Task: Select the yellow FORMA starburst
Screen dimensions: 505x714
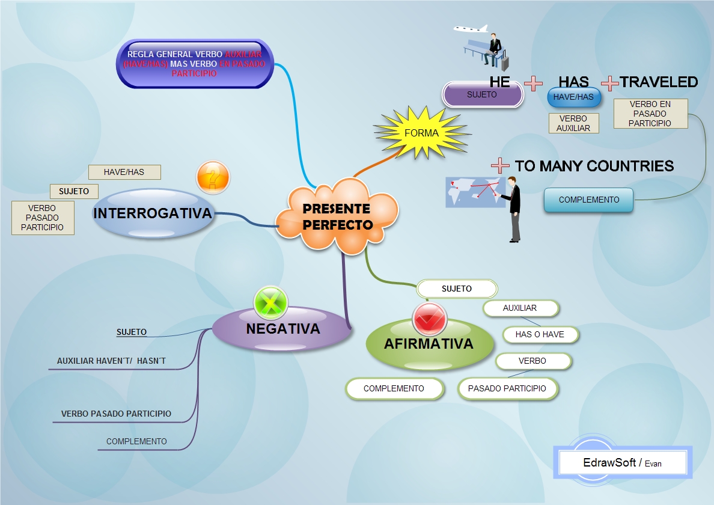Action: point(421,133)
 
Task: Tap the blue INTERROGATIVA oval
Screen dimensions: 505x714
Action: point(153,213)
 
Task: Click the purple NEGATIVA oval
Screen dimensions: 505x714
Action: point(282,329)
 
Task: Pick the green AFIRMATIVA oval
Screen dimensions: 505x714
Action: point(429,344)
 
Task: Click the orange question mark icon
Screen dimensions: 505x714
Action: point(213,178)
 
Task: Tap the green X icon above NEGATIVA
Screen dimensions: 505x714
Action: point(270,302)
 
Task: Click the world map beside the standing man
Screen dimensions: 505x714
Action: point(474,192)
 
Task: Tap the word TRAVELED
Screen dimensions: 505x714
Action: point(659,82)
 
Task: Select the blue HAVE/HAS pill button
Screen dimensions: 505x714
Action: point(573,97)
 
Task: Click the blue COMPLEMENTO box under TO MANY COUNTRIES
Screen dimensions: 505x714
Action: point(588,200)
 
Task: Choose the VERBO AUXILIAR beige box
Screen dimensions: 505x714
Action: point(573,123)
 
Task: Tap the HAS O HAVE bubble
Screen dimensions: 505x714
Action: point(539,335)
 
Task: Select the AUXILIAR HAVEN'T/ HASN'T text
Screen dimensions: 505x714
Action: point(111,361)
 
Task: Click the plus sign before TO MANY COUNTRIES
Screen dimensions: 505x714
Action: point(500,165)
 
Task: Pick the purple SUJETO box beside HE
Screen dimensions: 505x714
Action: point(482,95)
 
